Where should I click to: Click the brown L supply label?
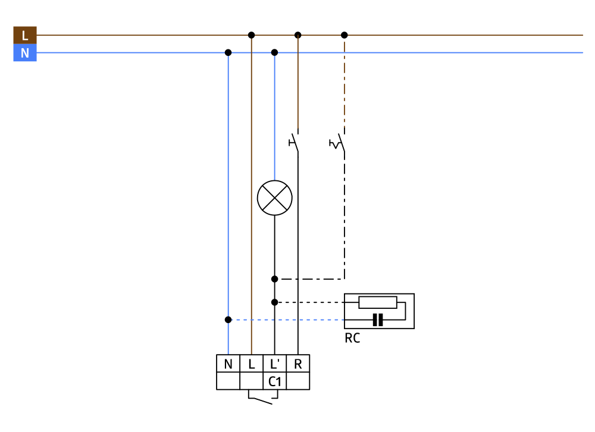pyautogui.click(x=24, y=35)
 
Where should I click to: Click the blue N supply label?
pyautogui.click(x=24, y=53)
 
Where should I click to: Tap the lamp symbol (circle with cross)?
pyautogui.click(x=274, y=198)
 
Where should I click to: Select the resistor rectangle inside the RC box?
pyautogui.click(x=378, y=302)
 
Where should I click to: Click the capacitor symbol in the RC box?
pyautogui.click(x=377, y=320)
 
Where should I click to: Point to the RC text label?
pyautogui.click(x=352, y=339)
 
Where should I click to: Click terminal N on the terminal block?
pyautogui.click(x=228, y=364)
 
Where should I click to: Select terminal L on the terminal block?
pyautogui.click(x=251, y=364)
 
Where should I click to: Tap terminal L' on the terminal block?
pyautogui.click(x=274, y=364)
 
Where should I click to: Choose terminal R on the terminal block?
pyautogui.click(x=297, y=364)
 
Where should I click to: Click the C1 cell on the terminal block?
pyautogui.click(x=274, y=381)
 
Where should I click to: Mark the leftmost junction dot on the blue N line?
pyautogui.click(x=228, y=52)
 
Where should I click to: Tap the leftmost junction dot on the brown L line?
pyautogui.click(x=251, y=35)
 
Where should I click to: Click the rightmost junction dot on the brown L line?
pyautogui.click(x=344, y=35)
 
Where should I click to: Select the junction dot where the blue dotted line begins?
pyautogui.click(x=228, y=320)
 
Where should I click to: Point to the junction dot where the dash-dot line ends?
pyautogui.click(x=274, y=278)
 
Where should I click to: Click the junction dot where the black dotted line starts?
pyautogui.click(x=274, y=302)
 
